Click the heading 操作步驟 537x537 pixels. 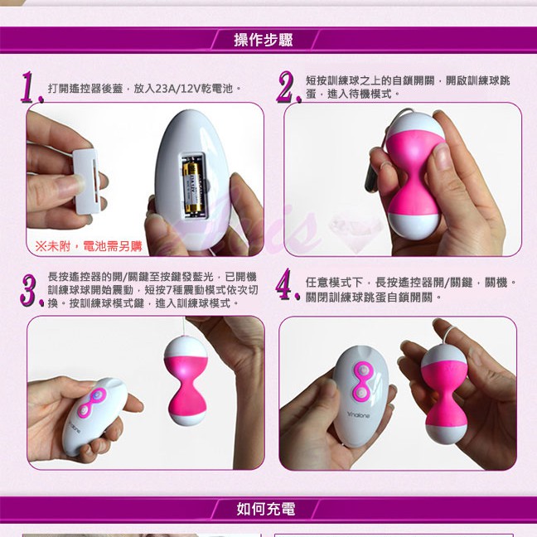coord(264,40)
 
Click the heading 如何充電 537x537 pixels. coord(266,509)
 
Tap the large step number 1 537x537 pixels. coord(31,87)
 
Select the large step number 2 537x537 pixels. coord(288,87)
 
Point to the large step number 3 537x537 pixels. coord(31,290)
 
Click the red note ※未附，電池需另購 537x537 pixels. coord(89,246)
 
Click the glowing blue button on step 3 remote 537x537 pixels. coord(97,394)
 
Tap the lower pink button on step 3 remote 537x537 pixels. coord(84,409)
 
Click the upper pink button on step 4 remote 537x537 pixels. coord(362,370)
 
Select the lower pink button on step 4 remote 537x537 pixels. coord(360,393)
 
